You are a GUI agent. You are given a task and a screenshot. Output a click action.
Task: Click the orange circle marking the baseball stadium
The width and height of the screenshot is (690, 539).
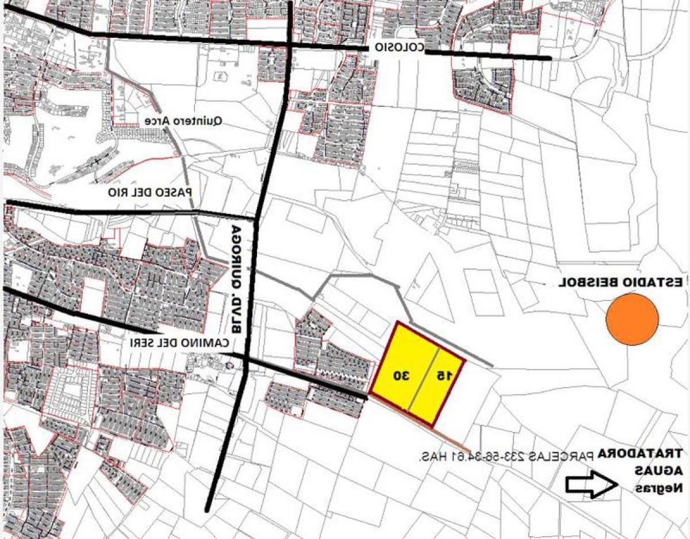point(632,319)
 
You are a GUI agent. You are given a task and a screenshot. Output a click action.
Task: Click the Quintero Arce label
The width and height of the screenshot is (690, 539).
point(183,121)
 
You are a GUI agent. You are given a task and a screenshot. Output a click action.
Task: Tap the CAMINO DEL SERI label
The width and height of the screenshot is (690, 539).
point(179,342)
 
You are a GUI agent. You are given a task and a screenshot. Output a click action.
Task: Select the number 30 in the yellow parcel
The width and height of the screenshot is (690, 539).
point(401,375)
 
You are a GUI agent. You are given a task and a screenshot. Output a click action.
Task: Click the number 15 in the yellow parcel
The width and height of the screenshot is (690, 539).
point(444,375)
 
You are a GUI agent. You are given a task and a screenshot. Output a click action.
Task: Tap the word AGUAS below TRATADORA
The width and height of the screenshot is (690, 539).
point(658,471)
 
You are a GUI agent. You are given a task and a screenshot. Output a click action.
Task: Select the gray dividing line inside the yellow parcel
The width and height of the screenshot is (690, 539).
point(424,380)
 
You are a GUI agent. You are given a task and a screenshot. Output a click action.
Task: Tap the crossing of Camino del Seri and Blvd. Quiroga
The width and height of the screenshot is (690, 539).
point(246,361)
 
